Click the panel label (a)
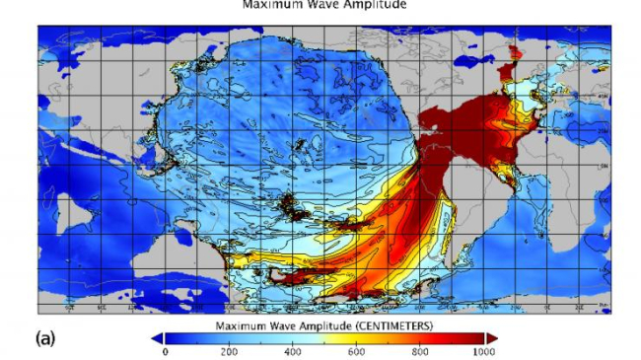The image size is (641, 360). pos(45,337)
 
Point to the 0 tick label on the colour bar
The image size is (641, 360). pos(165,351)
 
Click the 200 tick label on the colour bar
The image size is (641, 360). pos(229,351)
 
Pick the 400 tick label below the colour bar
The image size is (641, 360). pos(292,351)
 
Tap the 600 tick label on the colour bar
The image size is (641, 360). pos(356,351)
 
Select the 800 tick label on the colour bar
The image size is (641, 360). pos(420,351)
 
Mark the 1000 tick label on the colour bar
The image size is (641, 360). pos(483,351)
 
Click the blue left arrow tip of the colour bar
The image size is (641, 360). pos(156,337)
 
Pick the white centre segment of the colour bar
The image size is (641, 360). pos(324,337)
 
